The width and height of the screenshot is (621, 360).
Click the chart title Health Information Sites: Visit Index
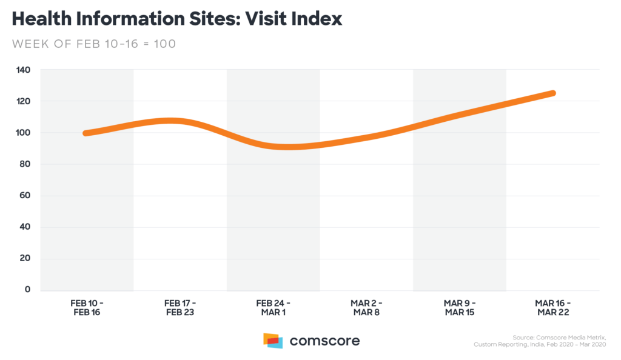[176, 19]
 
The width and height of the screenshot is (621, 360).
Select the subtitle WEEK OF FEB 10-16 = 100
[94, 44]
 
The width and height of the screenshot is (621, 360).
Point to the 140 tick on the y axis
[22, 70]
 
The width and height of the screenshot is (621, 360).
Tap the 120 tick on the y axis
[22, 101]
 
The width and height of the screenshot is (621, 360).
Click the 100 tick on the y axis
[22, 133]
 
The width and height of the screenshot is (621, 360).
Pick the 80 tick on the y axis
[24, 164]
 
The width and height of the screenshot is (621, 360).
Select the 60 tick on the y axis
[24, 196]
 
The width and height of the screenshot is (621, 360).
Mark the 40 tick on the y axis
[24, 227]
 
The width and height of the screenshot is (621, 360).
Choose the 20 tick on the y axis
[24, 259]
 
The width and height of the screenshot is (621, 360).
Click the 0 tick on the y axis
[27, 290]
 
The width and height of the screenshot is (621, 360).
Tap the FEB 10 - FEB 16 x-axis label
[87, 307]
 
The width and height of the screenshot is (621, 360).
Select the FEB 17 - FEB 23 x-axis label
[180, 307]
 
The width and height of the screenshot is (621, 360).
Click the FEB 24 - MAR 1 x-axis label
[274, 307]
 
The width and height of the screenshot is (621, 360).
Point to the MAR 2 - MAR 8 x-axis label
[366, 307]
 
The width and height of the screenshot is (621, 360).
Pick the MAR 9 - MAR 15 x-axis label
[460, 307]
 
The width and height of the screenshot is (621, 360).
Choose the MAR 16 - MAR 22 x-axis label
[553, 307]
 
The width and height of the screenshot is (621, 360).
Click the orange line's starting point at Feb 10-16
[86, 133]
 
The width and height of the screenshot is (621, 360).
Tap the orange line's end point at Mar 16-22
[552, 93]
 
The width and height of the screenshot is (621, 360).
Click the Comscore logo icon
[273, 341]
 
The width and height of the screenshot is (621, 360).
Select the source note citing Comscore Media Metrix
[542, 341]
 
